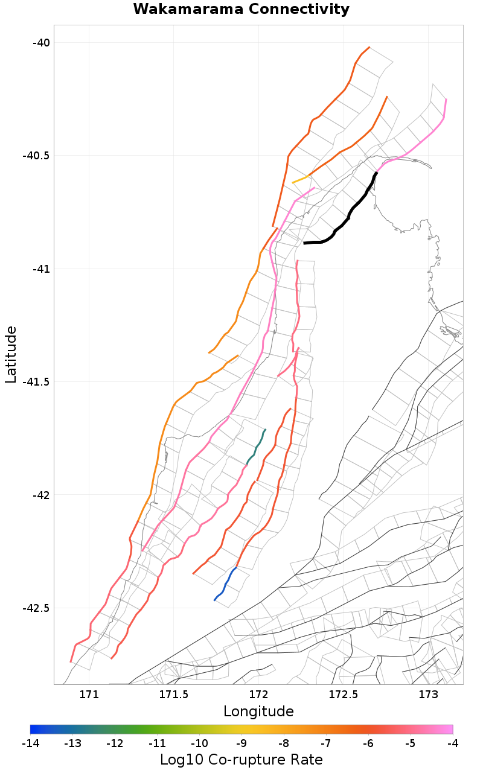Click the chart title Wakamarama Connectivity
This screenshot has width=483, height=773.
241,9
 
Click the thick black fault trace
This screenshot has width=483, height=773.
350,214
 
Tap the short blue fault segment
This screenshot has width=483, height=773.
225,584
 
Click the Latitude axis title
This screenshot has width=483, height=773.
11,355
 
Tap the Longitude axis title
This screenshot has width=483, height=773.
258,711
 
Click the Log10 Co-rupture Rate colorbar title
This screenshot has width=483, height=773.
241,759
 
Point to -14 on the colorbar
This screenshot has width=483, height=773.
30,743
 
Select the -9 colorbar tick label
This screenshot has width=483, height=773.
241,743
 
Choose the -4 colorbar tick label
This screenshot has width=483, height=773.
452,743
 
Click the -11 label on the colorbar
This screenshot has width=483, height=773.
157,743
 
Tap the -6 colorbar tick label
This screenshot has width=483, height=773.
368,743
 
